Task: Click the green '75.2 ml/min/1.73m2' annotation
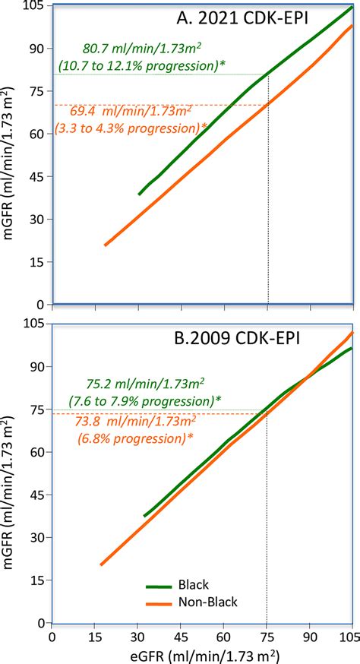[125, 381]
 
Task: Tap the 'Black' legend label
[192, 584]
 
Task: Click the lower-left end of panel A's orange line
[105, 245]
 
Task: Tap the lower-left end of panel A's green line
[139, 194]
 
